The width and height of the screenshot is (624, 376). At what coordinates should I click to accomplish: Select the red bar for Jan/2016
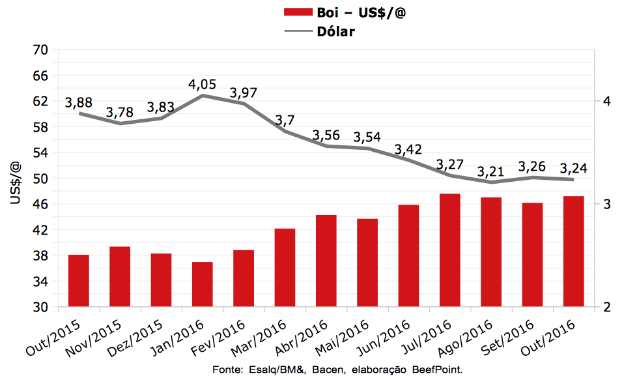203,284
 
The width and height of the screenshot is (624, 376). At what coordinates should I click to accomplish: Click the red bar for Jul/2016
450,250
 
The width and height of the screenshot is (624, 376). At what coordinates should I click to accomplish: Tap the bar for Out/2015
79,281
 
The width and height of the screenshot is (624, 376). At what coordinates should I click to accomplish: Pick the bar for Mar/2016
285,268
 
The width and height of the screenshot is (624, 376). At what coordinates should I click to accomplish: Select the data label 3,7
285,121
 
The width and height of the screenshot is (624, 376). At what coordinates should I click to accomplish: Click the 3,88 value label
79,103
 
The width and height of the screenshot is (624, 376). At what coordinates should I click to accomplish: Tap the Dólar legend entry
335,31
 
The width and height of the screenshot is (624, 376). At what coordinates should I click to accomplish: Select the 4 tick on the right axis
606,101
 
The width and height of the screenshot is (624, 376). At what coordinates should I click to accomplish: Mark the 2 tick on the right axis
606,308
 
